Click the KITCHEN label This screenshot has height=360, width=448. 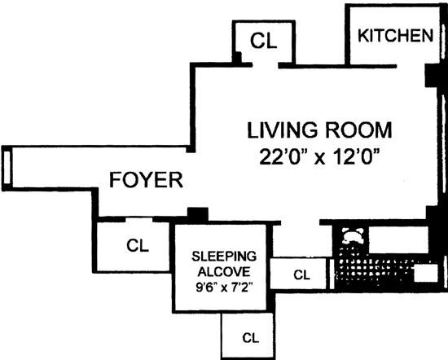point(396,36)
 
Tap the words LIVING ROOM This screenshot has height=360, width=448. point(319,130)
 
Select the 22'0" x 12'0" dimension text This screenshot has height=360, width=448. point(319,156)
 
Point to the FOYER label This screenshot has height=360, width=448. point(146,180)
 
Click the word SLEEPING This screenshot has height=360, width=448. point(224,257)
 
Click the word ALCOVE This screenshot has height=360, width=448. point(224,271)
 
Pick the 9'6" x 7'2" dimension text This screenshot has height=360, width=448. point(224,288)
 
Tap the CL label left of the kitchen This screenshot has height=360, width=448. point(263,41)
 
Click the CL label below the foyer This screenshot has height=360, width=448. point(138,245)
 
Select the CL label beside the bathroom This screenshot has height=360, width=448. point(301,274)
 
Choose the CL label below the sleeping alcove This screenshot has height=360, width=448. point(251,338)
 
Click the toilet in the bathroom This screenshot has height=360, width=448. point(353,236)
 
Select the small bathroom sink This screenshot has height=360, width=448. point(426,273)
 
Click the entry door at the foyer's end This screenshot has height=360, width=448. point(7,168)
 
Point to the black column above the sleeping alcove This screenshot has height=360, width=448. point(198,214)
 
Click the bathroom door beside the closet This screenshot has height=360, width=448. point(332,274)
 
